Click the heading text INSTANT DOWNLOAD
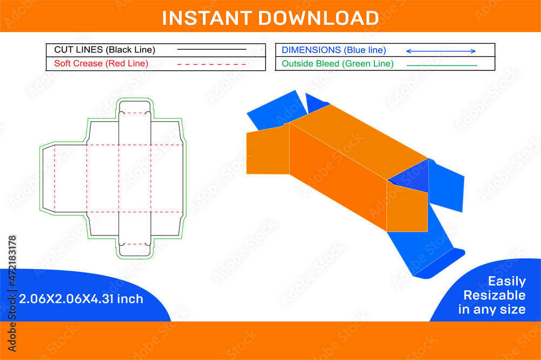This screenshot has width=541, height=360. coord(270,18)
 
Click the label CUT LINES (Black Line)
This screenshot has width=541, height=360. coord(104,50)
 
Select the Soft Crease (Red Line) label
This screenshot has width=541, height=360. coord(101,64)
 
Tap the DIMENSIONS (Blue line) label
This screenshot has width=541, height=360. coord(334,50)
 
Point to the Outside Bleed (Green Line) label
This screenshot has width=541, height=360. coord(338,64)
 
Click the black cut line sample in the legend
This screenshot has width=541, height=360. coord(212,50)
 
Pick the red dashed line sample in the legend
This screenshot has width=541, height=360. coord(212,64)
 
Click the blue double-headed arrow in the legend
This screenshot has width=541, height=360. coord(440,51)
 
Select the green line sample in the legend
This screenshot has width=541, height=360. coord(441,65)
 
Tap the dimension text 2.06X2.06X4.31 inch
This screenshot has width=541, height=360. coord(81,299)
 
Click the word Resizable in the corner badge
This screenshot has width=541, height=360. coord(494,296)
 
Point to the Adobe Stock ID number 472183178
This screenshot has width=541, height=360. coord(12,262)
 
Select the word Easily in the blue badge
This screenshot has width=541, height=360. coord(506,282)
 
